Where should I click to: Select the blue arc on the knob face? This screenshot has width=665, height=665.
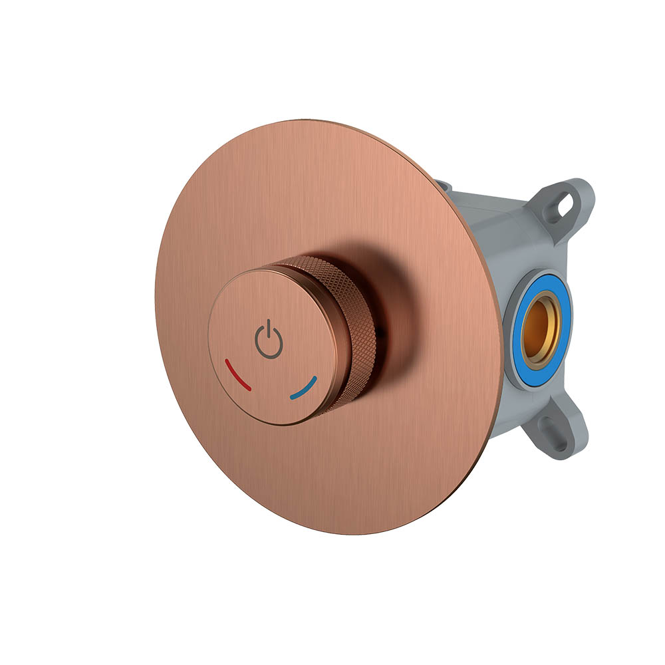point(304,389)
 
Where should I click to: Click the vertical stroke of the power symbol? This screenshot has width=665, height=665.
point(269,329)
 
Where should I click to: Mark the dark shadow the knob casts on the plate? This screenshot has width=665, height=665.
point(392,306)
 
